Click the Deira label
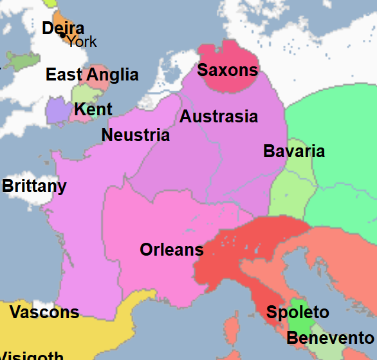[62, 29]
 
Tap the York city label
[82, 43]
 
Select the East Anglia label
[92, 75]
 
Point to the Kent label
[93, 109]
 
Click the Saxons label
[227, 71]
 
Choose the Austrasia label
[218, 117]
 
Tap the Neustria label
[135, 136]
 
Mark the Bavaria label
[293, 152]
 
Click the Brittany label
[34, 187]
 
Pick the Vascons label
[44, 313]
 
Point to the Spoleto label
[297, 314]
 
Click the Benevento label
[330, 338]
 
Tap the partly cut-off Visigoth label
[32, 355]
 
